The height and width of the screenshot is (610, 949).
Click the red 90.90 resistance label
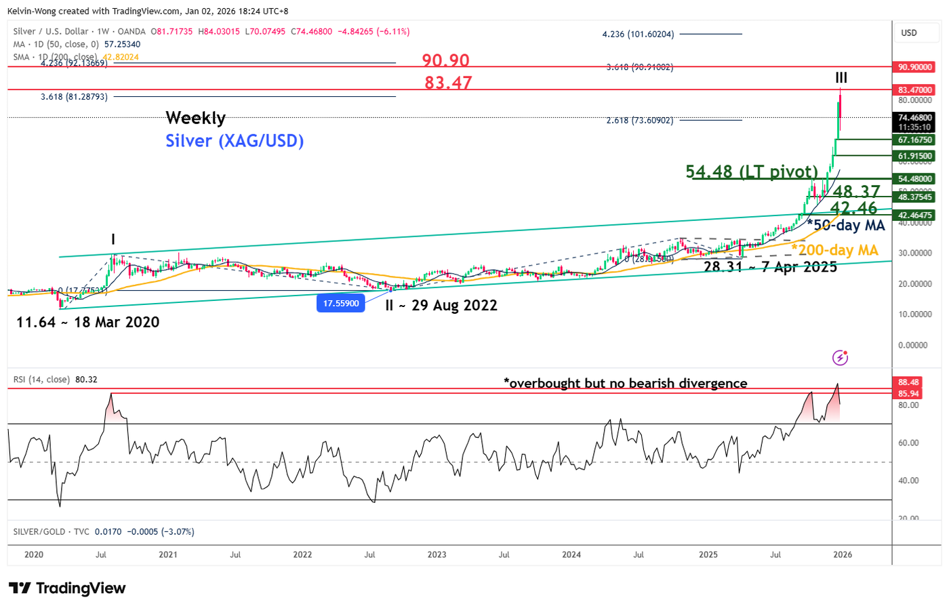(445, 60)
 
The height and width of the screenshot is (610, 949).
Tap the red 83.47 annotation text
(448, 83)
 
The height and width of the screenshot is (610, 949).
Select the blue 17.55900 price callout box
(340, 303)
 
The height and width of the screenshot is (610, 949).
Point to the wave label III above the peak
(841, 77)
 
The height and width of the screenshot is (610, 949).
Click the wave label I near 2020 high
(113, 239)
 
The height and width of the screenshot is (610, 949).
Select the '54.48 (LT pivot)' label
(752, 171)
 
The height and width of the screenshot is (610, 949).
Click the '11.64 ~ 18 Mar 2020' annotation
(87, 322)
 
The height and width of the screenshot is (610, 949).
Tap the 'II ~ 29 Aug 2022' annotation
(441, 305)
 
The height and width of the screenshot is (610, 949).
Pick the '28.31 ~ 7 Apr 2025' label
(770, 266)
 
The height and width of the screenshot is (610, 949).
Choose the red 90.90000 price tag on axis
(915, 67)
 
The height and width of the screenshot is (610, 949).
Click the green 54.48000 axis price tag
(915, 179)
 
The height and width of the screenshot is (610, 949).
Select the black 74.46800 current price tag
(915, 118)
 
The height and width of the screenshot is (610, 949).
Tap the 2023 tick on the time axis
(437, 554)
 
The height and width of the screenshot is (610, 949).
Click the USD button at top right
(908, 33)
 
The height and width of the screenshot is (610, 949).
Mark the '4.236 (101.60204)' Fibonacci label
(638, 34)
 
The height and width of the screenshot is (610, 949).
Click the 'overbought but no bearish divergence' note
(625, 383)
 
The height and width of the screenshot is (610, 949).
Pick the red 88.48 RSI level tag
(908, 382)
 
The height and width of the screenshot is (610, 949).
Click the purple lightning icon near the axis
(840, 357)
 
